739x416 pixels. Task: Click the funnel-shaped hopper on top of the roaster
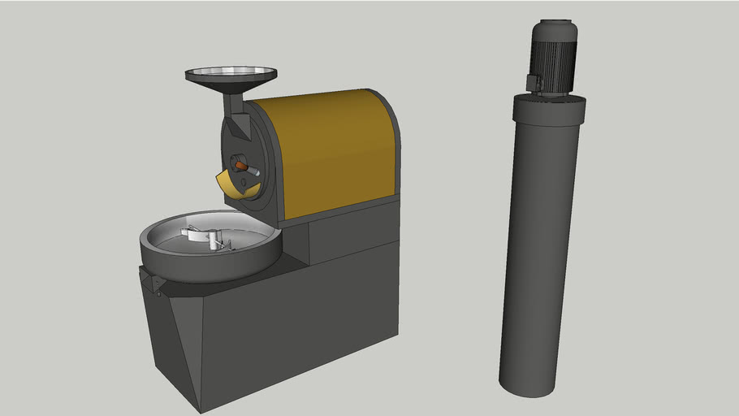[229, 76]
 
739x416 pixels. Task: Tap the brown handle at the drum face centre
[241, 165]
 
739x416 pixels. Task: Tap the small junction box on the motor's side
[534, 83]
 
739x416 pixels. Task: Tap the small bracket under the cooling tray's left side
[152, 281]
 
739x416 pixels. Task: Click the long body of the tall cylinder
[540, 252]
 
